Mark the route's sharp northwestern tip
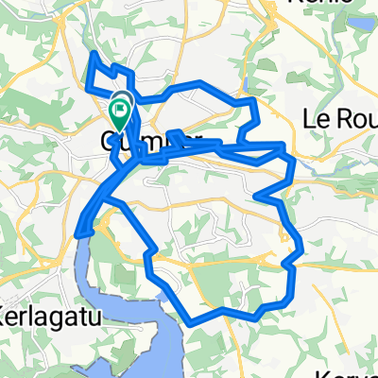pos(94,54)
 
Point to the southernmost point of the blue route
pos(192,323)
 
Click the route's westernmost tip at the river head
pos(77,233)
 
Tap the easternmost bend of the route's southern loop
pos(302,249)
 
